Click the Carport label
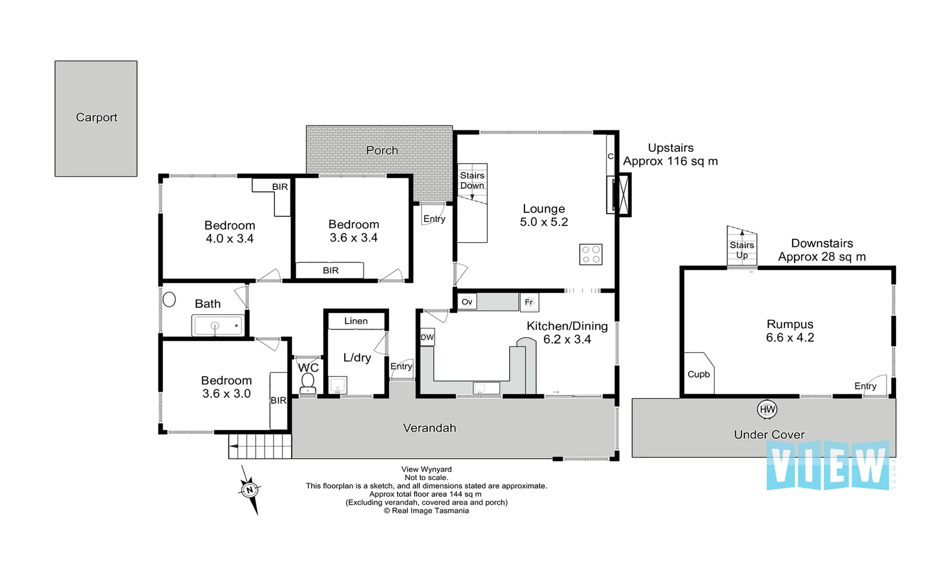point(97,118)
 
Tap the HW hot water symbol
point(767,410)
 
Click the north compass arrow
point(250,490)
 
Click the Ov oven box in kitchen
point(467,302)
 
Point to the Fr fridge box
point(529,302)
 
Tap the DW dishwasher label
point(427,338)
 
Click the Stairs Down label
point(472,181)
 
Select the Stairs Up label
point(742,250)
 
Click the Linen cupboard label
point(356,321)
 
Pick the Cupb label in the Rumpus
point(699,375)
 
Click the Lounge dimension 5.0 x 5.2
point(544,222)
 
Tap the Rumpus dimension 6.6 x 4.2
point(790,338)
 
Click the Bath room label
point(208,304)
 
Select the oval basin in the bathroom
point(169,300)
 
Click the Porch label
point(382,151)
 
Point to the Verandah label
point(430,428)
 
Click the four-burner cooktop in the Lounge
point(591,255)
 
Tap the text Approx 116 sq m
point(670,161)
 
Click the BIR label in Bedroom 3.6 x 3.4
point(330,270)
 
